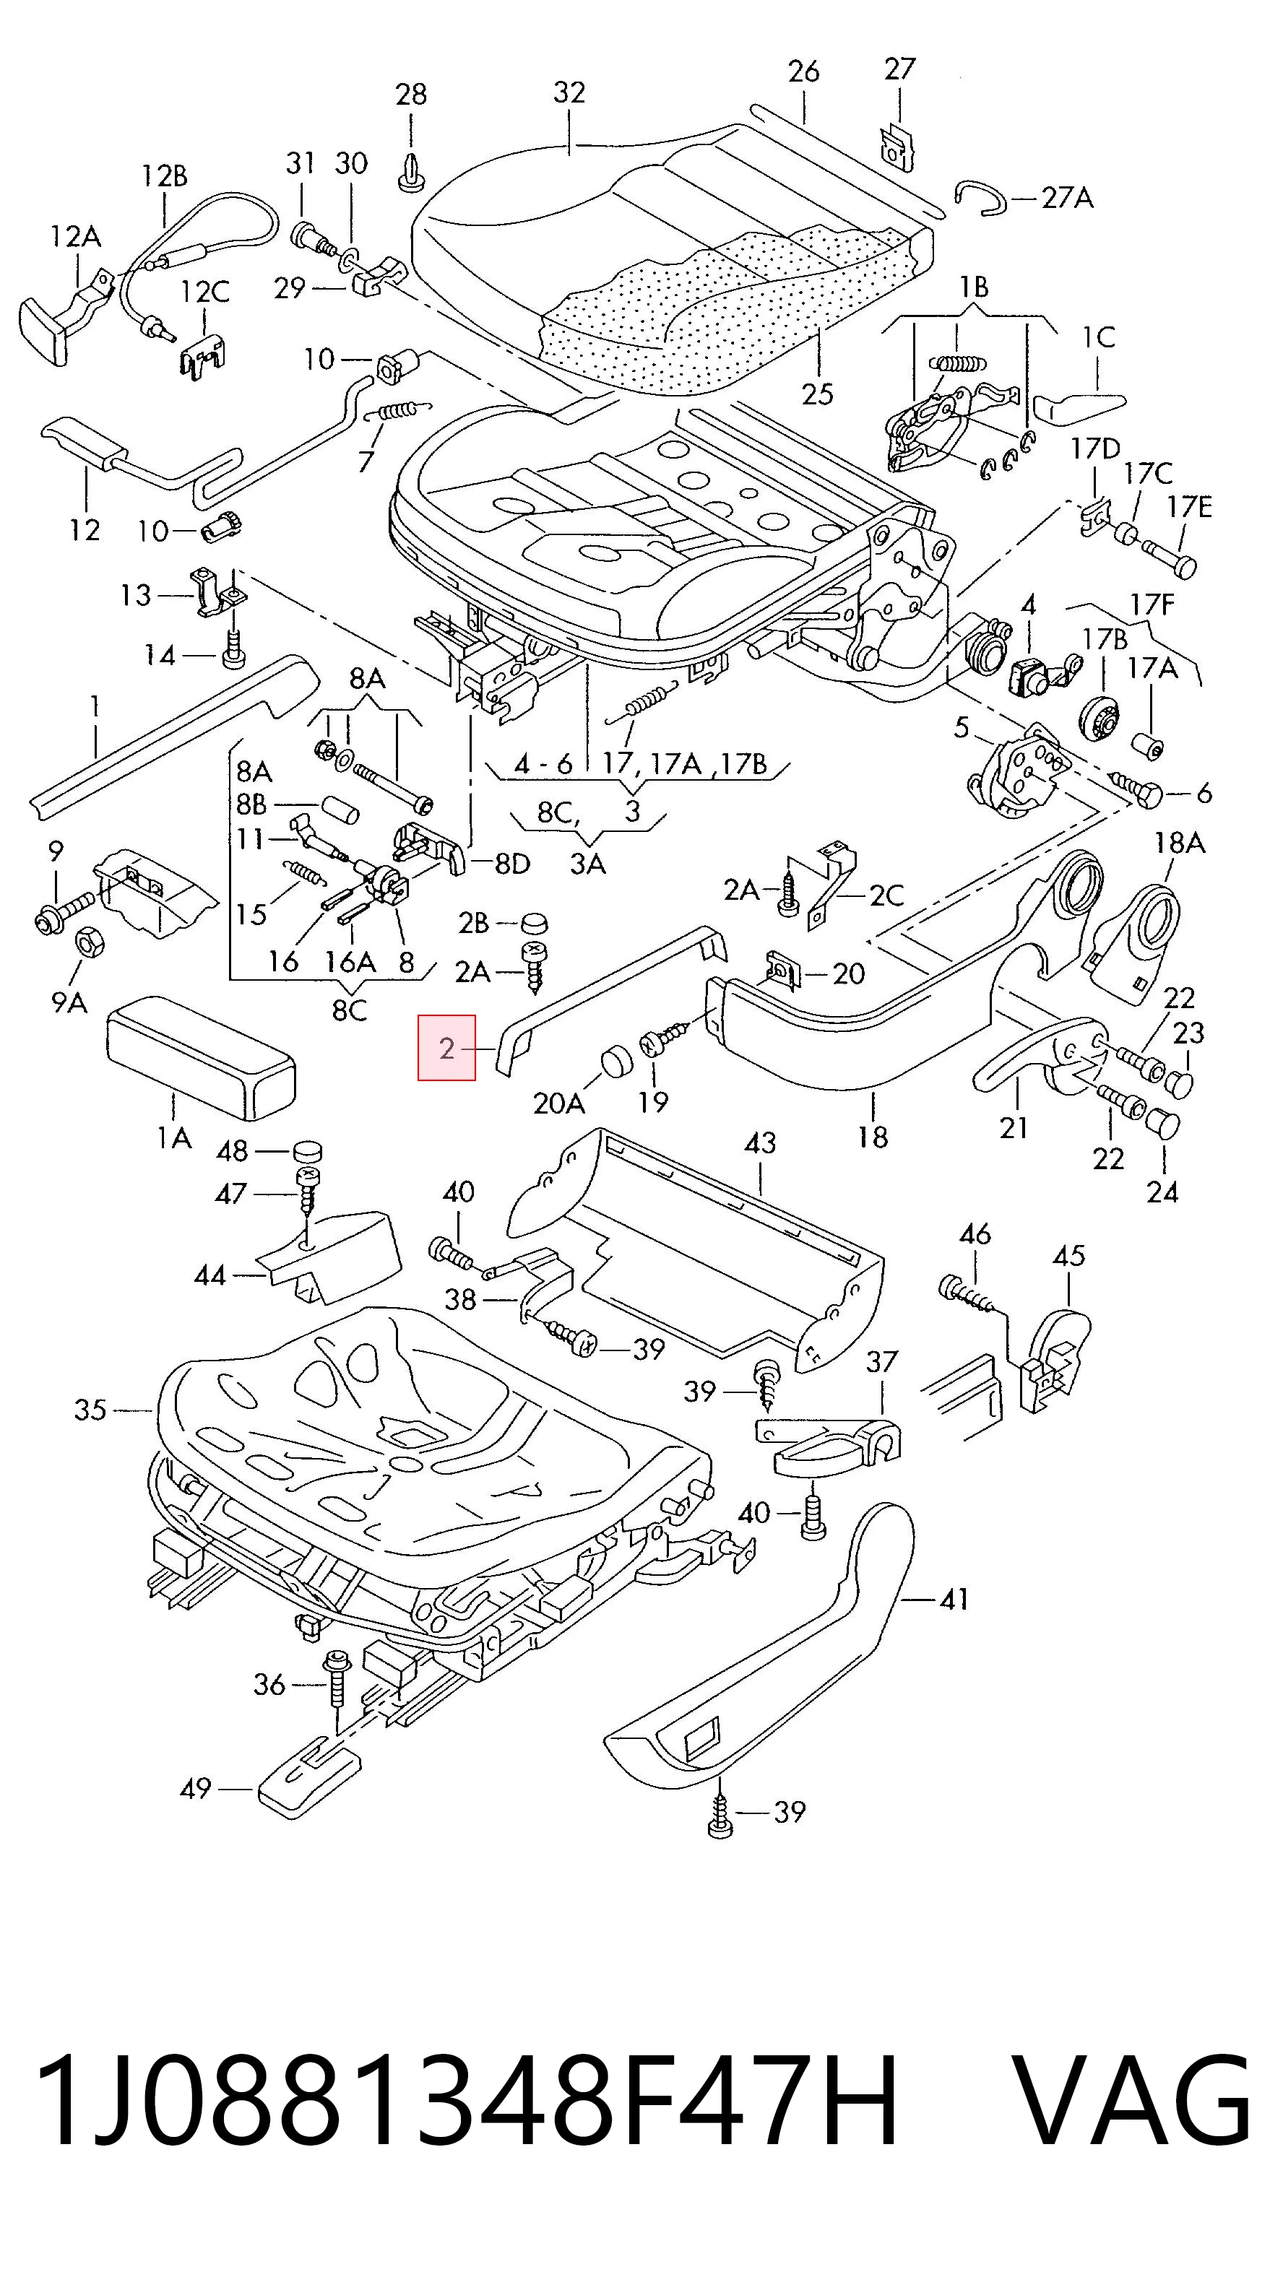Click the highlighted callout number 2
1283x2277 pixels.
[x=446, y=1049]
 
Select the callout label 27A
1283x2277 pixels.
[x=1067, y=197]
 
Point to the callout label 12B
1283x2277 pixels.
[x=165, y=176]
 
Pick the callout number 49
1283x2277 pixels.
[x=196, y=1788]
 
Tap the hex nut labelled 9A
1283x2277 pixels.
[x=88, y=942]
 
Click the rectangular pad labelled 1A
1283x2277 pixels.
[x=202, y=1055]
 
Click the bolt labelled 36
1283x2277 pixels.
[x=337, y=1680]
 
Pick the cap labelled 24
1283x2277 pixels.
[x=1163, y=1125]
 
